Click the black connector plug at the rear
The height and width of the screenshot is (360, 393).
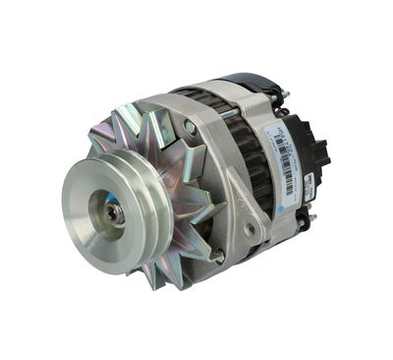(313, 148)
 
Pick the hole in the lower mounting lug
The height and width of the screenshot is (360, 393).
(249, 228)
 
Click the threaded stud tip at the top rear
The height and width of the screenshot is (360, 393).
(285, 94)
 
